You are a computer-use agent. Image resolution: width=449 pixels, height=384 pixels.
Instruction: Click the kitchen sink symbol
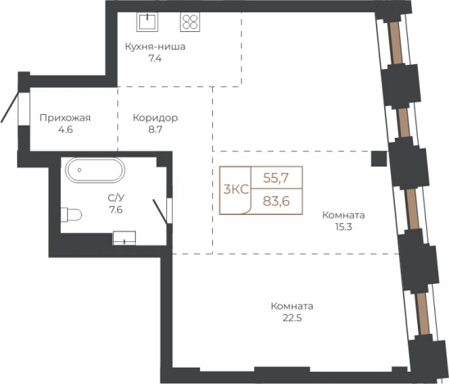pos(147,21)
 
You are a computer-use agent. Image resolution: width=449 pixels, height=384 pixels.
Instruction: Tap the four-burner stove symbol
pos(190,22)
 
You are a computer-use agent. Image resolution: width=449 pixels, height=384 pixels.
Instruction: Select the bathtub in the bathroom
pos(95,170)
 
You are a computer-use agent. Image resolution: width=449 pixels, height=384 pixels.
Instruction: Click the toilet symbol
pos(71,214)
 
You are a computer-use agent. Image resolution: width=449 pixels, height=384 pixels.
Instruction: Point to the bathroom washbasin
pos(125,238)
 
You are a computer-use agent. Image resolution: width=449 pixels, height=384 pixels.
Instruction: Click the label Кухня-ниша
pos(155,47)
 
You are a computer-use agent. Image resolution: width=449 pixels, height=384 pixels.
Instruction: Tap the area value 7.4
pos(155,58)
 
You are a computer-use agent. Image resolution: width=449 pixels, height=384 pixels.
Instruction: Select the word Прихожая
pos(65,118)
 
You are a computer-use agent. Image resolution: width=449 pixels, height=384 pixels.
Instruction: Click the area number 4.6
pos(66,130)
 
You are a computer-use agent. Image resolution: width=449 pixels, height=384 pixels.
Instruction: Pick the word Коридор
pos(155,118)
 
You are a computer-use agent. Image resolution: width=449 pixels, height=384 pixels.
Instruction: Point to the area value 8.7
pos(155,130)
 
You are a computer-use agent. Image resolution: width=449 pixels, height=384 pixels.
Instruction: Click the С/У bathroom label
pos(116,198)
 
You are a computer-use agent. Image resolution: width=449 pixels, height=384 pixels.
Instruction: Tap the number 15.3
pos(343,227)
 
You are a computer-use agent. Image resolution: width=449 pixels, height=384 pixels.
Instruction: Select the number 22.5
pos(292,318)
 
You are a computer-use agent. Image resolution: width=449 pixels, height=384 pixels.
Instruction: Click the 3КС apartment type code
pos(236,190)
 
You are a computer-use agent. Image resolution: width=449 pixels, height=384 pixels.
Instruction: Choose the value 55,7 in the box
pos(276,178)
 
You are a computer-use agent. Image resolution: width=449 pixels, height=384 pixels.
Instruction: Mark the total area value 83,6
pos(276,201)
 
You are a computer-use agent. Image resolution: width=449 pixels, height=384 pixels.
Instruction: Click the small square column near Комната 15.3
pos(379,159)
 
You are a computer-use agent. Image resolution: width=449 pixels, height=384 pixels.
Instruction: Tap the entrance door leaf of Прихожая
pos(10,107)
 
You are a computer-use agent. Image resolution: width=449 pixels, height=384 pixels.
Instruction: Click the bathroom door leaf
pos(160,212)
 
